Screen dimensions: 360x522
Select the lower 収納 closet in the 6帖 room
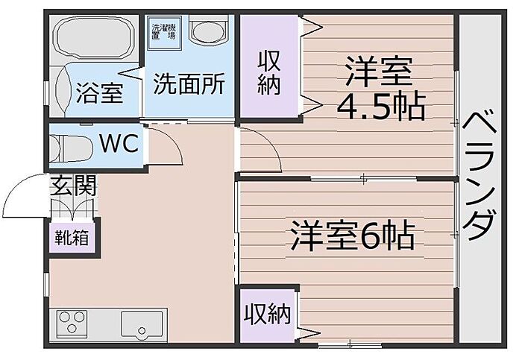tap(266, 314)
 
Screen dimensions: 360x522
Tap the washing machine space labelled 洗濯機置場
tap(164, 32)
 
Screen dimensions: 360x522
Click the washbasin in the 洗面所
tap(207, 31)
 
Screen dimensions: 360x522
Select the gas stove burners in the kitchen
tap(72, 323)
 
